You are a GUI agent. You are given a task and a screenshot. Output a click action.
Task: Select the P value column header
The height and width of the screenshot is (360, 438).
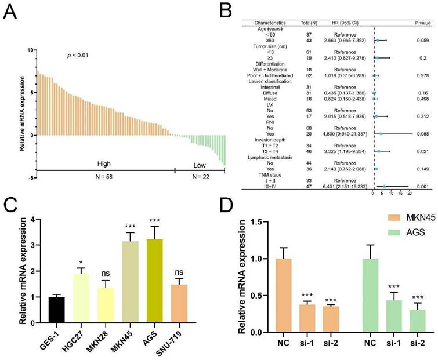click(416, 23)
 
